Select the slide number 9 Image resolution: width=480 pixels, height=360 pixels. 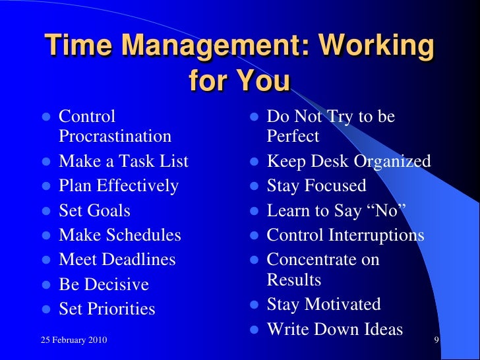click(x=436, y=340)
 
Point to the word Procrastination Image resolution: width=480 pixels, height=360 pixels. click(x=115, y=136)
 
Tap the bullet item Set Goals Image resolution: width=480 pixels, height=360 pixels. click(x=94, y=211)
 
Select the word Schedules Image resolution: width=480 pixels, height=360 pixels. click(x=142, y=235)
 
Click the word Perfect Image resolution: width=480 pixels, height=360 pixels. click(x=293, y=136)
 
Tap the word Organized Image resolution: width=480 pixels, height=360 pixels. click(x=392, y=162)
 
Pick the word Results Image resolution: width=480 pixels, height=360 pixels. click(x=294, y=280)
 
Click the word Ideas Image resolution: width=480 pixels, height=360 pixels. click(x=381, y=329)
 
